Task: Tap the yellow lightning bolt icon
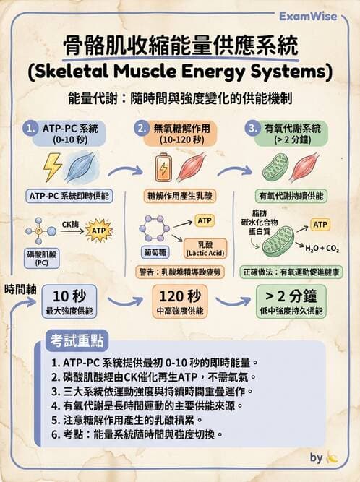pyautogui.click(x=53, y=168)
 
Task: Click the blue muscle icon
pyautogui.click(x=78, y=168)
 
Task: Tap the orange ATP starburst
pyautogui.click(x=99, y=231)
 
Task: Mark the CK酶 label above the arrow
pyautogui.click(x=71, y=224)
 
